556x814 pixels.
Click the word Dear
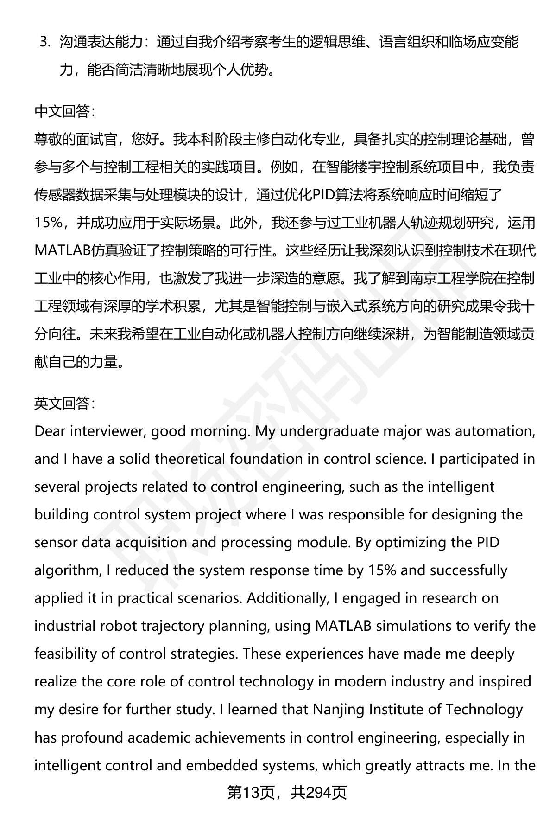tap(50, 431)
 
